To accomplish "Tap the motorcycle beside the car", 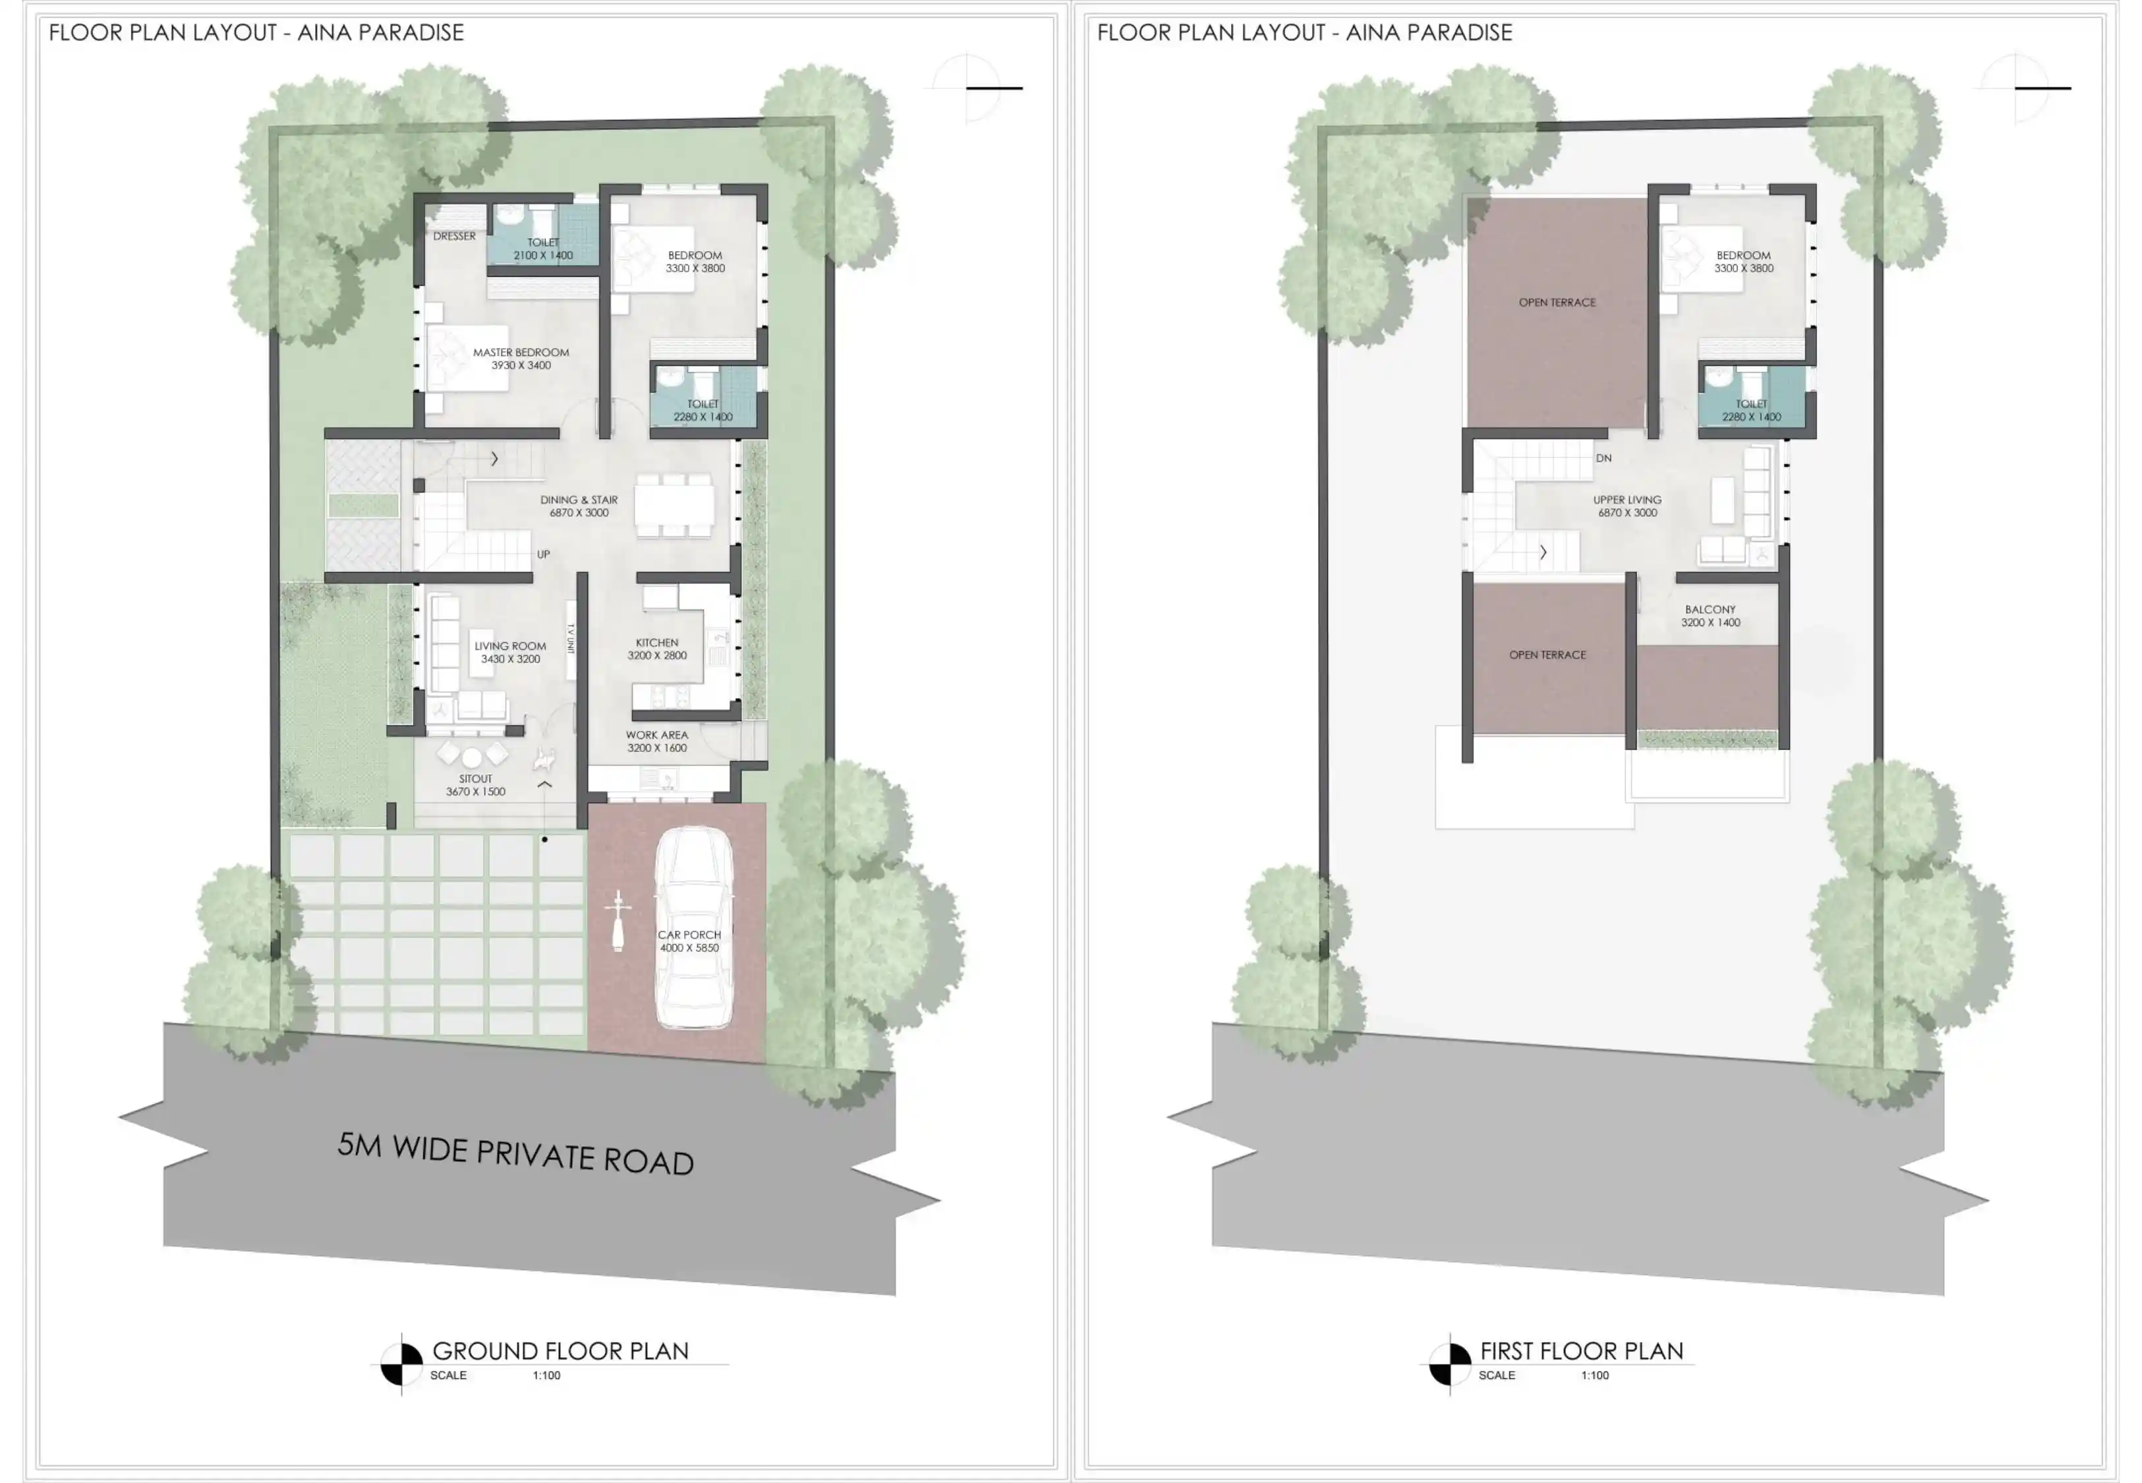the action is [618, 921].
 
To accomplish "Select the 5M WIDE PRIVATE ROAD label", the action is [515, 1154].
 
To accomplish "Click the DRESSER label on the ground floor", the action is [454, 236].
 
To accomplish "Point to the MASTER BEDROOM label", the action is [521, 352].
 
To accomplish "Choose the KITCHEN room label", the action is [656, 642].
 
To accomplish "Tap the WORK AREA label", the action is [656, 735].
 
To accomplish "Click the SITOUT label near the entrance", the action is [476, 778].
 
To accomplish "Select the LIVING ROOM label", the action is [510, 646].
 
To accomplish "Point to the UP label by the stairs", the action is [543, 554].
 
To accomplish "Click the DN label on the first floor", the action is [1604, 458].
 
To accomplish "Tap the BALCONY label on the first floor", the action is [1710, 610].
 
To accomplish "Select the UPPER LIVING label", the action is [1627, 500].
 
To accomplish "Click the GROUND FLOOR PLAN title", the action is [561, 1351].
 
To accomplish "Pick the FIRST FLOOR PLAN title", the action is [1582, 1351].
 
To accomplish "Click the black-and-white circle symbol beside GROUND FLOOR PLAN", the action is [402, 1365].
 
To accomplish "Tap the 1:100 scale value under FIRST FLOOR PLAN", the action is [1595, 1375].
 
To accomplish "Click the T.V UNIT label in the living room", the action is [570, 639].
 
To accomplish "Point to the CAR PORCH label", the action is [689, 935].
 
